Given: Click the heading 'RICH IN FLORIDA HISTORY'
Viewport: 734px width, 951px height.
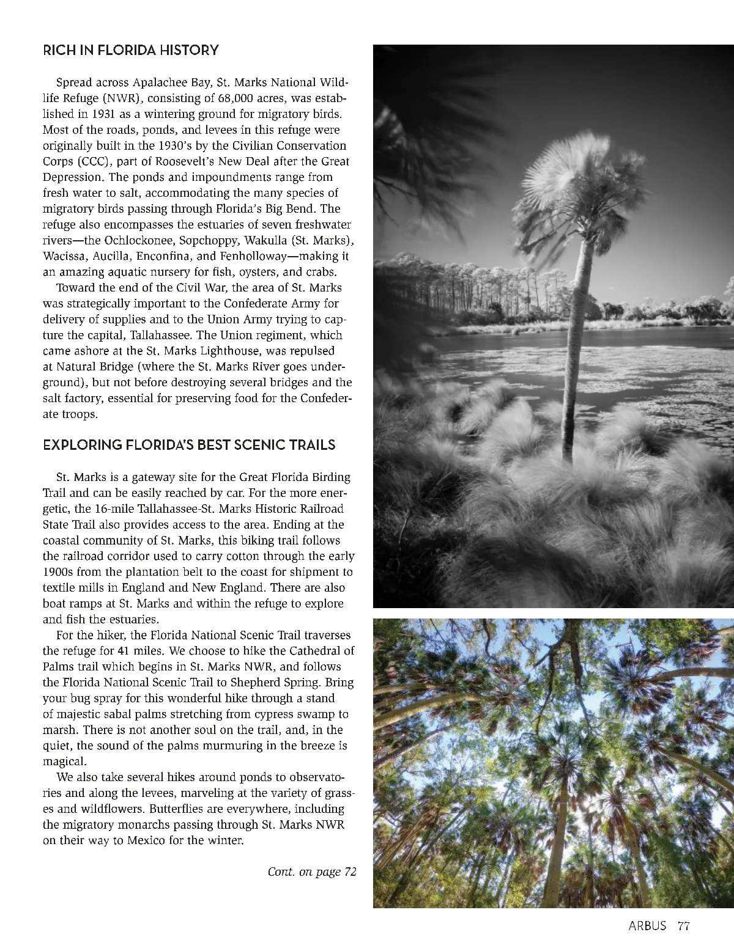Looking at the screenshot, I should coord(130,50).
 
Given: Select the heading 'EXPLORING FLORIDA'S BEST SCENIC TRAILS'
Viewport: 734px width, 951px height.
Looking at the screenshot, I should coord(189,445).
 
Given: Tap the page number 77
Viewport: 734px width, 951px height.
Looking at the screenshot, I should coord(683,926).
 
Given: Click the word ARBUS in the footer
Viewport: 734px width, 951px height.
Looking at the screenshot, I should coord(647,926).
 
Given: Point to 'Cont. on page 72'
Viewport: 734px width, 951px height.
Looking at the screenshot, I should coord(312,872).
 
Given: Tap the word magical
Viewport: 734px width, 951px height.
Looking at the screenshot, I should coord(65,762).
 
